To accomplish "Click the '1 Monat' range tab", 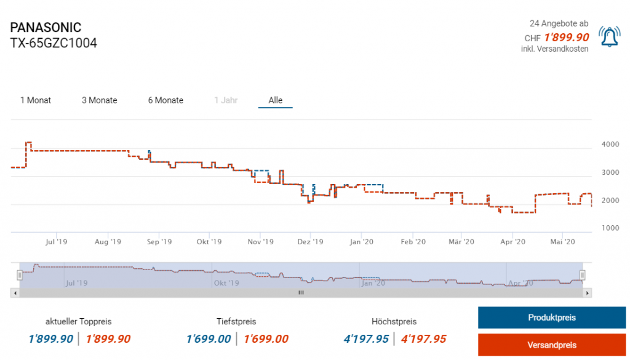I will [36, 100].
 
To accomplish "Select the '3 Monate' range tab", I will [99, 100].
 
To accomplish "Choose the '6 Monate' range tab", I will [165, 100].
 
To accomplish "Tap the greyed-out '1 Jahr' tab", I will [226, 100].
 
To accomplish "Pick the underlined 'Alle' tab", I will [276, 100].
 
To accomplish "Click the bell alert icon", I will [610, 38].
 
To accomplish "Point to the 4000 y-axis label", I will [610, 145].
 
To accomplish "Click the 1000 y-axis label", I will [610, 228].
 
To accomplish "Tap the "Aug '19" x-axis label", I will [108, 242].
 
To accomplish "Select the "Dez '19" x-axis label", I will [311, 242].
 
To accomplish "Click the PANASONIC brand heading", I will [46, 28].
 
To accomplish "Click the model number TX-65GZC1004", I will [54, 44].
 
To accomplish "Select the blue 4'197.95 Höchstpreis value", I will [367, 338].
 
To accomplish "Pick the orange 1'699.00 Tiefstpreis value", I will [266, 338].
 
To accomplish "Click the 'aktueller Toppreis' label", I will [79, 321].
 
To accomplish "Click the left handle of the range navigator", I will [20, 275].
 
